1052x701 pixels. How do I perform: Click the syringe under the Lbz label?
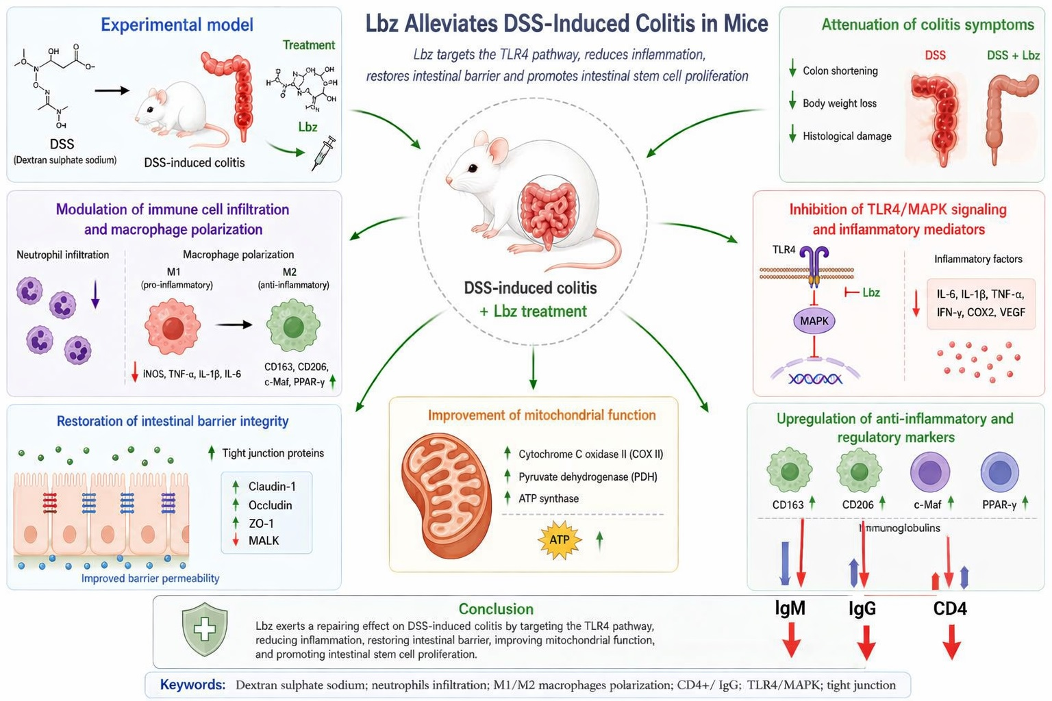click(324, 153)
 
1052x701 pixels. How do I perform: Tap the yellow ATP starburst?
click(560, 540)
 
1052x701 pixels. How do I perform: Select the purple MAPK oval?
click(814, 321)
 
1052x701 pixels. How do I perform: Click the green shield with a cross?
click(205, 628)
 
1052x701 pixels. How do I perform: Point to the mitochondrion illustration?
click(446, 496)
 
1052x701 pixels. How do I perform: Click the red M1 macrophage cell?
click(173, 328)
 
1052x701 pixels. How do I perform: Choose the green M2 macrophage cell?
click(294, 326)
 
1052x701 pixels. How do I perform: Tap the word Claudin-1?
click(272, 487)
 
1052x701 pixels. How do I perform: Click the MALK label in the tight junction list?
click(264, 541)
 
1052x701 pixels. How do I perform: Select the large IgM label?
click(790, 608)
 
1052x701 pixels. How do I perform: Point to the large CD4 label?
click(950, 609)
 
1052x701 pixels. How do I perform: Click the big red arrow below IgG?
click(866, 642)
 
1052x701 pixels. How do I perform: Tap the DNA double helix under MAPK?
click(815, 379)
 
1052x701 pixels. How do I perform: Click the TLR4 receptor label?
click(784, 250)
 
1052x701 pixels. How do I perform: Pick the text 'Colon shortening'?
click(840, 71)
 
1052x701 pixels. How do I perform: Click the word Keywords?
click(192, 685)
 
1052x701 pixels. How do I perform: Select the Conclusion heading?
click(496, 609)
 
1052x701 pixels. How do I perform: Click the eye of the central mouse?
click(473, 168)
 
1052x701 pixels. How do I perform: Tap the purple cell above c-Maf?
click(930, 472)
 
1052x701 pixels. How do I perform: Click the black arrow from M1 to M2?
click(234, 324)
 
